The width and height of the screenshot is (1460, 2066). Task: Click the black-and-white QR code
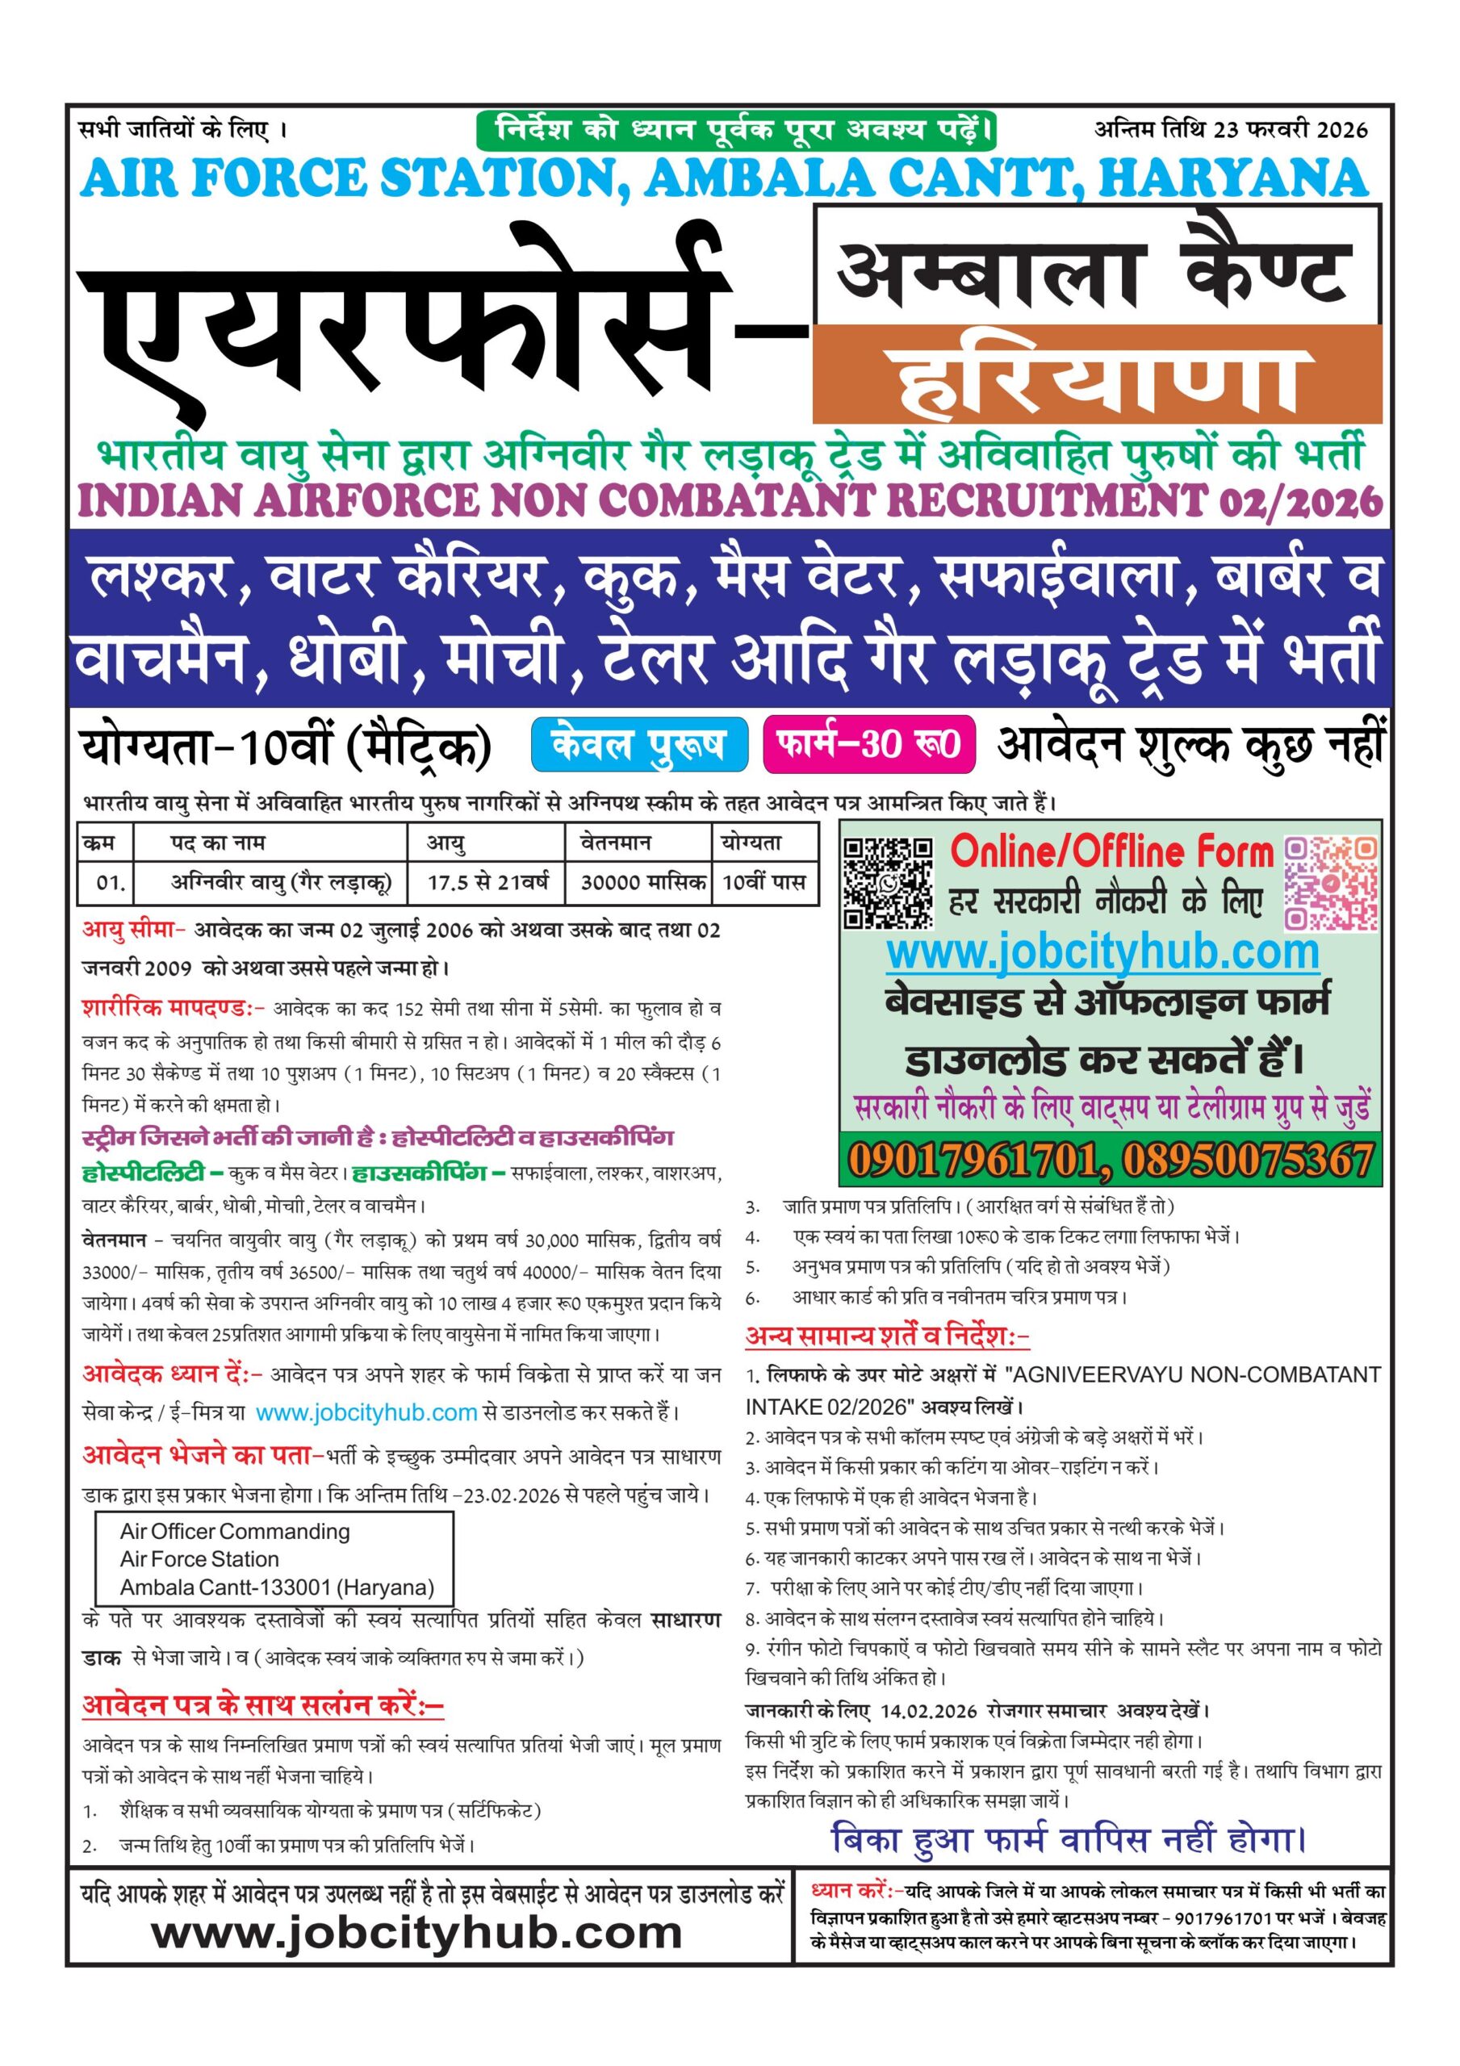click(888, 883)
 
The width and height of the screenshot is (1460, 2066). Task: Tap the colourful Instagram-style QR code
click(1330, 883)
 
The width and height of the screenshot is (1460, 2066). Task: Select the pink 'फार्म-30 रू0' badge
click(869, 744)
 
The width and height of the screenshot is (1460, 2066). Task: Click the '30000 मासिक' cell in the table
click(642, 882)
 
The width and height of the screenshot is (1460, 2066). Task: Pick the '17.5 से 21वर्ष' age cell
click(487, 882)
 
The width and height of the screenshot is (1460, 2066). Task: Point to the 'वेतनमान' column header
click(616, 843)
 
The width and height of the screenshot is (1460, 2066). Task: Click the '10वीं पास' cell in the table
click(763, 882)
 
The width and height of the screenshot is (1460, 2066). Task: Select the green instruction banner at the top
click(735, 131)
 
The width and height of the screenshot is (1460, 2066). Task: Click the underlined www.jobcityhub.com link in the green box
click(1102, 952)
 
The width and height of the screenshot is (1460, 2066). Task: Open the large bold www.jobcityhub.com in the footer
click(416, 1933)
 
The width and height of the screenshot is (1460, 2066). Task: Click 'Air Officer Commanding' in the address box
click(235, 1532)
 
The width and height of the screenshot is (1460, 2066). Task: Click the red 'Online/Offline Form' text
click(1111, 851)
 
